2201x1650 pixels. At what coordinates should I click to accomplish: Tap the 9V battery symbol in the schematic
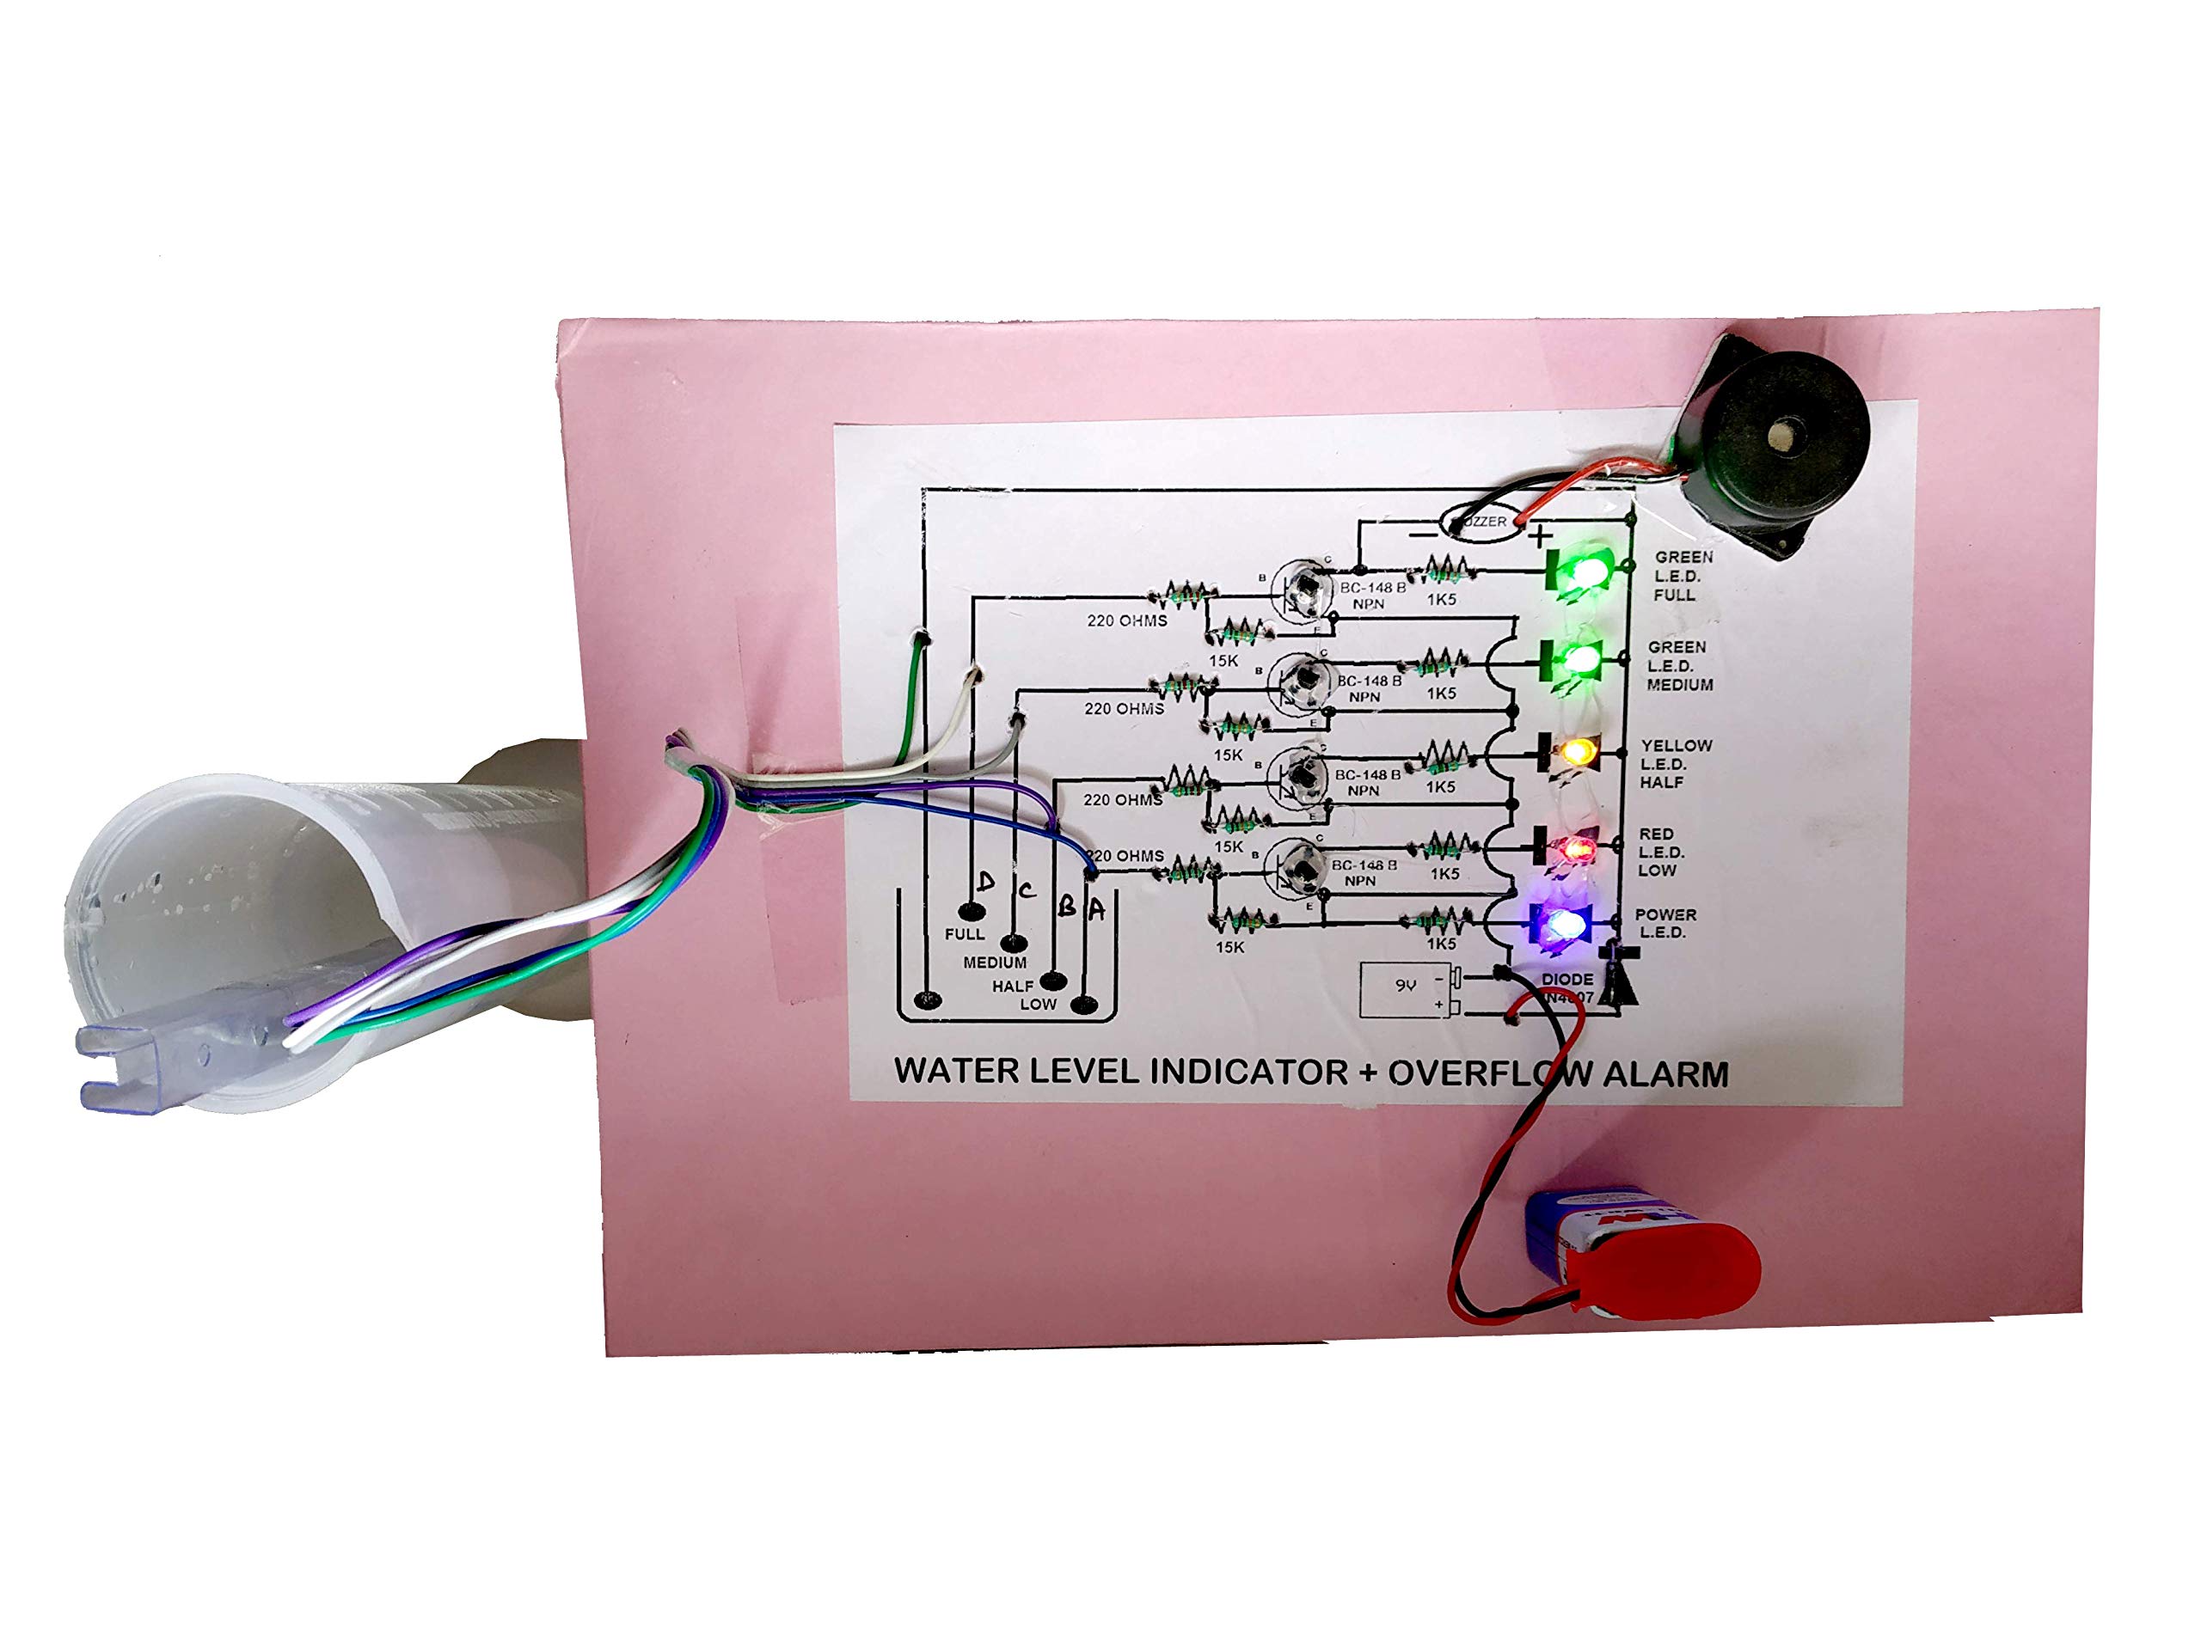point(1409,988)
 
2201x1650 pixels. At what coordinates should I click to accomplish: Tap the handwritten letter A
point(1095,908)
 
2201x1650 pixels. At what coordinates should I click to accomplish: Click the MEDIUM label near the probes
point(994,962)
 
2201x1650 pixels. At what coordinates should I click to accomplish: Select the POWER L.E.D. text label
point(1665,923)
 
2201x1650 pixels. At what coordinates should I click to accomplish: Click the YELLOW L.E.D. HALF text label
point(1676,764)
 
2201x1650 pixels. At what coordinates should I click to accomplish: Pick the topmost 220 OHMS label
point(1126,620)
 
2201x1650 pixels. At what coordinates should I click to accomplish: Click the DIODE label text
point(1567,980)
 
